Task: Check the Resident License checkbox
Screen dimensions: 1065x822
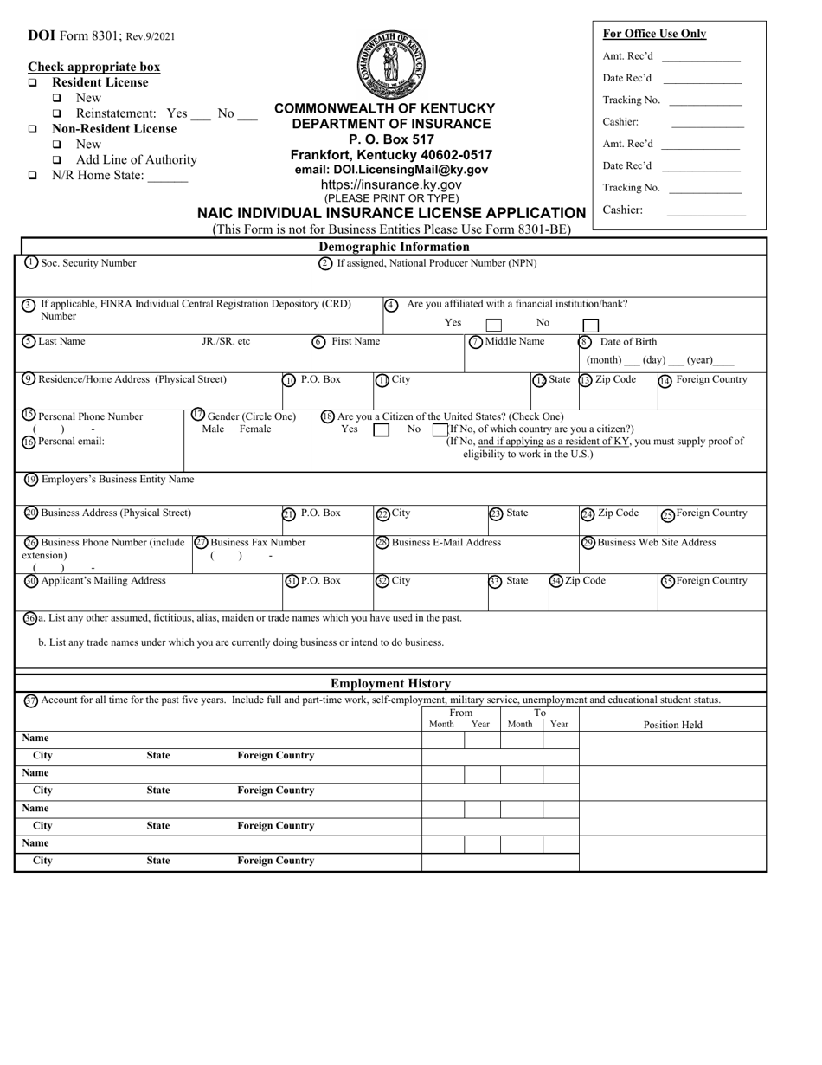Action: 33,83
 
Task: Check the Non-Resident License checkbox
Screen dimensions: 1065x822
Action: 33,129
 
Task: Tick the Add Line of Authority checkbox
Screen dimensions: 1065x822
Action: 57,160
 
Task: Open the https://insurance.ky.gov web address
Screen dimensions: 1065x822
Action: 391,184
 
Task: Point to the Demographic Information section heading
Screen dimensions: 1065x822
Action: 394,247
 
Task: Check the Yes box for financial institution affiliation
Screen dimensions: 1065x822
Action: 493,326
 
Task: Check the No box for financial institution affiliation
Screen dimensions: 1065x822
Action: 590,326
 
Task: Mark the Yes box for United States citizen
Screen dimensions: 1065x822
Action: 381,429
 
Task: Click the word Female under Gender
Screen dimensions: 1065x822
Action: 254,429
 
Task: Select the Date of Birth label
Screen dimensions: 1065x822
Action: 628,342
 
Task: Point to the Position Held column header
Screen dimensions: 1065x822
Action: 672,725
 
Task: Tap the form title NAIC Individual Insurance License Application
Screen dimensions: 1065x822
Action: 391,213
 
